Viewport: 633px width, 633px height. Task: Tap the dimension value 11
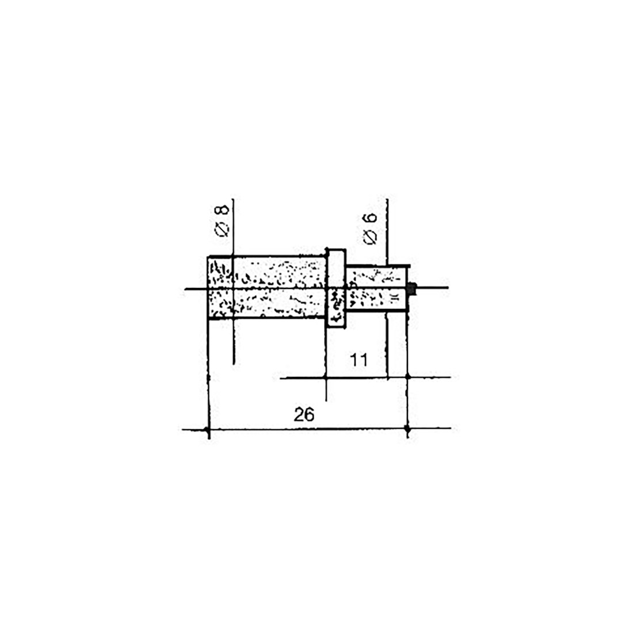359,361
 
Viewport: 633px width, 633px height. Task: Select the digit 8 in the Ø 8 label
223,210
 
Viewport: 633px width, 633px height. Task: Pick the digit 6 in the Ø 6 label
371,219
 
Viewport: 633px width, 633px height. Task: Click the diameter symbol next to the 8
223,230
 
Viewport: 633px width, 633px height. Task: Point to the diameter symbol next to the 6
371,237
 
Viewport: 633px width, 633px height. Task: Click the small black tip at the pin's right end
411,288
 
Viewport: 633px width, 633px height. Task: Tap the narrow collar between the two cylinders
335,288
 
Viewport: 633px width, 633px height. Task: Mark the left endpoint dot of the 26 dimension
207,429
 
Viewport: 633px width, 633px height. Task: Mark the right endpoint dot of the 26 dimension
407,429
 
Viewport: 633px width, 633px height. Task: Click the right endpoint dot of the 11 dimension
407,377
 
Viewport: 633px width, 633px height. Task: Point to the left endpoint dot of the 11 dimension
326,377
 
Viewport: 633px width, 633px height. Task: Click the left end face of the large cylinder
208,287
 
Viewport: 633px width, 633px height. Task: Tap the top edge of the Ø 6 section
377,266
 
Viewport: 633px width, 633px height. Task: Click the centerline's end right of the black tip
447,288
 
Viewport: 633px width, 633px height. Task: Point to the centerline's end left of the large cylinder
185,288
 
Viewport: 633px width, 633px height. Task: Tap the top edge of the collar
335,250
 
